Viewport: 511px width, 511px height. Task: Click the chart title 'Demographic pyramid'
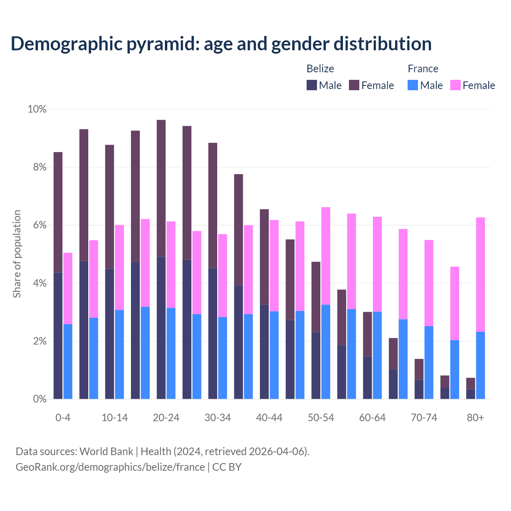(221, 44)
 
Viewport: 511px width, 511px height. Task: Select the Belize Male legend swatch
(312, 85)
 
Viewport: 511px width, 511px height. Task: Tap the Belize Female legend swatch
(354, 85)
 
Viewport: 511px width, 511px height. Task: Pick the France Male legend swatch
(413, 85)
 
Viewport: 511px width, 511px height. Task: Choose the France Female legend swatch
(456, 85)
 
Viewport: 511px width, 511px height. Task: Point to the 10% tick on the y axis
(37, 109)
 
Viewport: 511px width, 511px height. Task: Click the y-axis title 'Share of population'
(17, 254)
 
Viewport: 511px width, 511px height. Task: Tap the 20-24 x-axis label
(166, 418)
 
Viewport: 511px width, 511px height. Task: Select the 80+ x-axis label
(475, 418)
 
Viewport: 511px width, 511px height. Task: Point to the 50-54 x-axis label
(321, 418)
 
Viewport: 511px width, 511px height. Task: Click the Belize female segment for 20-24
(161, 188)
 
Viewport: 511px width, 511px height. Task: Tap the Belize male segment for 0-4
(58, 335)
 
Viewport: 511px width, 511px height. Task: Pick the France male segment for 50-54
(326, 352)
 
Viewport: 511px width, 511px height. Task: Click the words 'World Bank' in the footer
(106, 452)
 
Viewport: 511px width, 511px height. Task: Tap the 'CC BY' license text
(227, 467)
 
